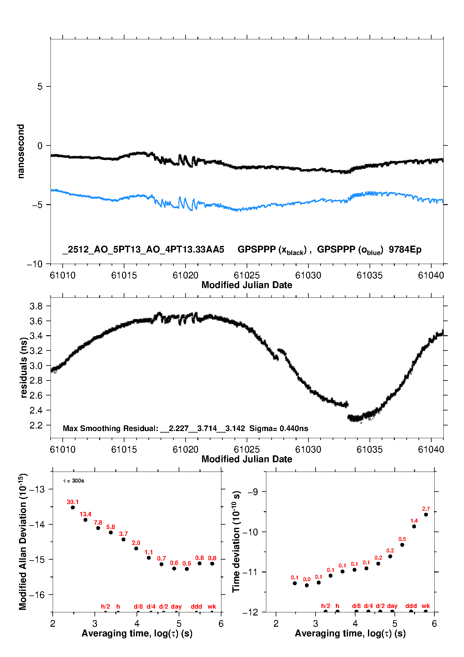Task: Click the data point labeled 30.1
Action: pyautogui.click(x=73, y=507)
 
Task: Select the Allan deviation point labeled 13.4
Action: pyautogui.click(x=85, y=520)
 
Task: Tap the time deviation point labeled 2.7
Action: pyautogui.click(x=426, y=514)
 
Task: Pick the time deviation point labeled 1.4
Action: pyautogui.click(x=414, y=526)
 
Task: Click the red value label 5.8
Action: pyautogui.click(x=111, y=527)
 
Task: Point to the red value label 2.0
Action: pyautogui.click(x=136, y=543)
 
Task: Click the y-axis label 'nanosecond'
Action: pyautogui.click(x=21, y=151)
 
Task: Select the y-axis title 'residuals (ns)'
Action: pyautogui.click(x=24, y=367)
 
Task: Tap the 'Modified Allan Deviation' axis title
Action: pyautogui.click(x=23, y=542)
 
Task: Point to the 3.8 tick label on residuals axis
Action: pyautogui.click(x=36, y=306)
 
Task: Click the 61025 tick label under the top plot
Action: pyautogui.click(x=247, y=275)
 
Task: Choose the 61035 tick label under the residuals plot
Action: pyautogui.click(x=370, y=449)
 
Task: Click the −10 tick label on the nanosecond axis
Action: pyautogui.click(x=35, y=264)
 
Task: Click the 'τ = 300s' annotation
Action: pyautogui.click(x=74, y=481)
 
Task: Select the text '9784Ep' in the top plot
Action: pyautogui.click(x=405, y=249)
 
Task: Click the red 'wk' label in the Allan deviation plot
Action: pyautogui.click(x=212, y=606)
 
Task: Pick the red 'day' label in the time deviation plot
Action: pyautogui.click(x=392, y=606)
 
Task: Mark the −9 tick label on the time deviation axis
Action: pyautogui.click(x=253, y=492)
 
